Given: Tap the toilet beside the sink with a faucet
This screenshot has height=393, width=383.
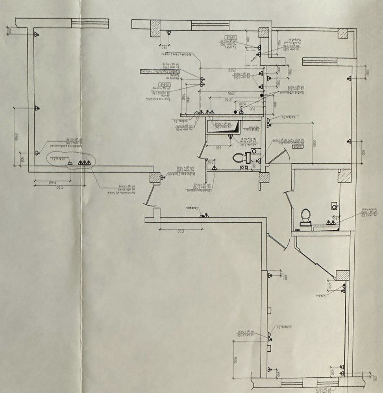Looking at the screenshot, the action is coord(305,217).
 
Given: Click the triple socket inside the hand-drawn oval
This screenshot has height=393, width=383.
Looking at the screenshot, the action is coord(84,162).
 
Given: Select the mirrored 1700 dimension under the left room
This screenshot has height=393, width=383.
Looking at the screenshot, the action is coord(59,188).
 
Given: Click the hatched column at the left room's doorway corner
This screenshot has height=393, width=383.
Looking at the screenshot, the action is coord(155,177).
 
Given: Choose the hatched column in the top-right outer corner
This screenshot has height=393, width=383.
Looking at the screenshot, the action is coord(342,33).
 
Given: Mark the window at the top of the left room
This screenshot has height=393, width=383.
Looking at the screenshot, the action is coord(90,23).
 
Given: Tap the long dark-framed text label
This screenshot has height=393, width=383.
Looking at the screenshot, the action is coord(160,72).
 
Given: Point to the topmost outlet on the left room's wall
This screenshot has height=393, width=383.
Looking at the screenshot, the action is coord(36,35).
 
